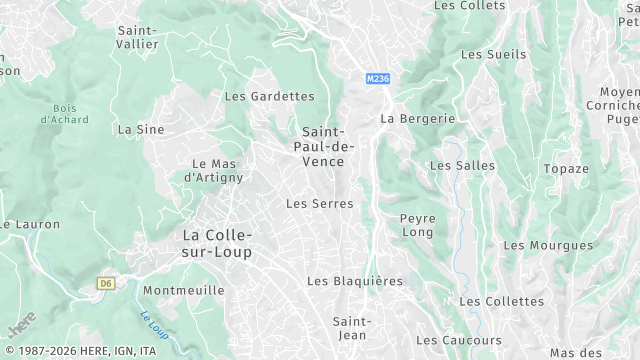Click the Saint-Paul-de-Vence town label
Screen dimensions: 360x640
point(324,147)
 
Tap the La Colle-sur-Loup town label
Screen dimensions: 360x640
point(217,243)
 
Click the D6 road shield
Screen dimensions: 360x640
point(107,283)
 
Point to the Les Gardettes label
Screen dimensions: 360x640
point(269,96)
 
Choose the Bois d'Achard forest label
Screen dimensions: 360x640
point(64,114)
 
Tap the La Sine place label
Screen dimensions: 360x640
point(140,129)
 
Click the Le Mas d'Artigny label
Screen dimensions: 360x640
point(214,170)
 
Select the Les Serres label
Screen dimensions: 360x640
point(320,203)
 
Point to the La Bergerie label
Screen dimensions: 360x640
point(417,118)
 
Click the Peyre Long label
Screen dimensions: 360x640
point(417,225)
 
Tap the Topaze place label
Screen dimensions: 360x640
point(566,169)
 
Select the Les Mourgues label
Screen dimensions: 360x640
point(548,245)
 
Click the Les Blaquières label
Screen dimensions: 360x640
point(355,281)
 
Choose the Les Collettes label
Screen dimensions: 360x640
point(501,301)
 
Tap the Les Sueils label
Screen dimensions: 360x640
point(493,54)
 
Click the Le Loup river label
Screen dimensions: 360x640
point(152,325)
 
